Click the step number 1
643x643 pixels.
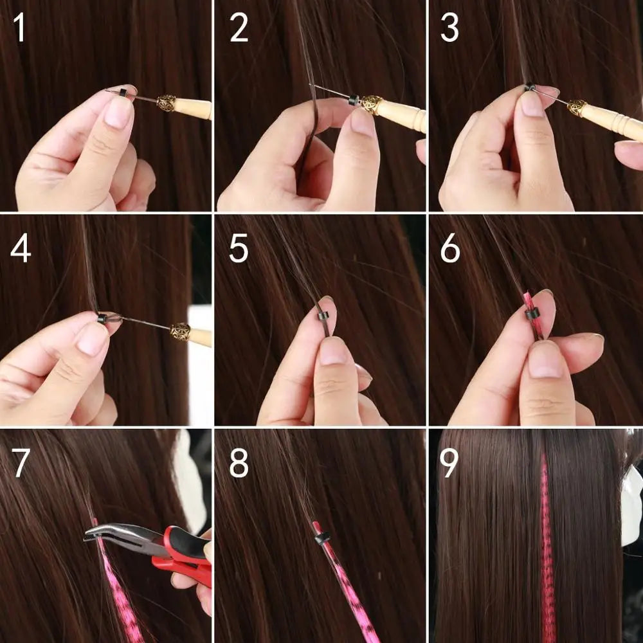point(20,29)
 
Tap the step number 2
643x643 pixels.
point(239,29)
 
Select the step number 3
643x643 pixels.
point(451,29)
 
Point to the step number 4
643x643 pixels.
point(21,249)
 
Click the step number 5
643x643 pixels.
point(239,249)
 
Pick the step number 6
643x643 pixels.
point(451,249)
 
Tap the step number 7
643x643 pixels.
point(21,464)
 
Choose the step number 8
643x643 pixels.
point(239,464)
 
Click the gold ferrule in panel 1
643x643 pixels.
point(167,103)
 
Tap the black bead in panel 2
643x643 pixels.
point(352,100)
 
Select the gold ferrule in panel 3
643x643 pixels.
point(576,108)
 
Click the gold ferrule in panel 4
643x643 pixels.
point(180,332)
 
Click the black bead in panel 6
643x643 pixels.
point(531,315)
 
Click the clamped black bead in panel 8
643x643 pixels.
point(320,536)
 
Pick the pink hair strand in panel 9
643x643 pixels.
point(547,547)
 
